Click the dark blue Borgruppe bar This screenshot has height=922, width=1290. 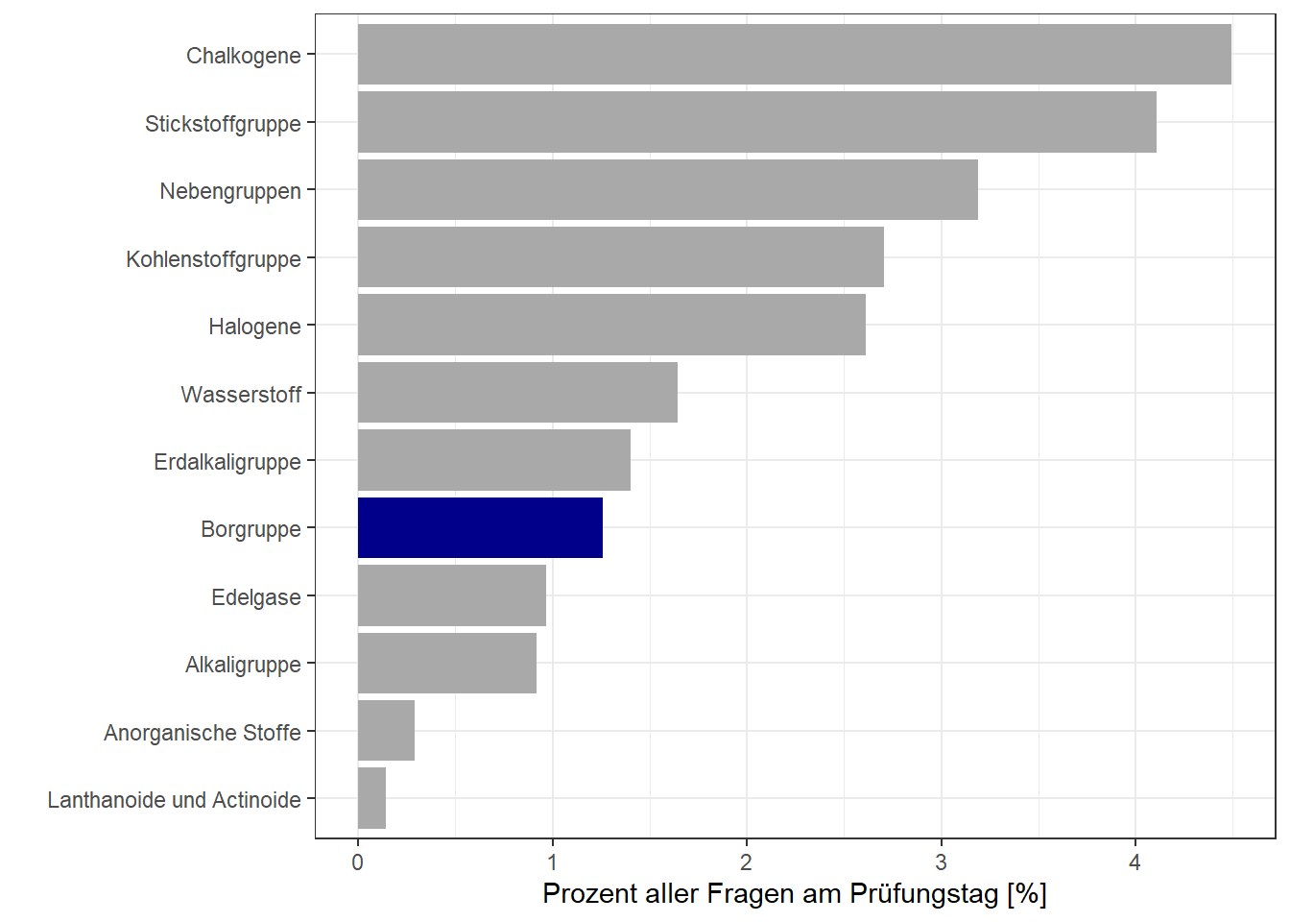(x=480, y=527)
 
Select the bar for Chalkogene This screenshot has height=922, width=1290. (x=794, y=55)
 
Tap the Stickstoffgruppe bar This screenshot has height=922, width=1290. (x=756, y=122)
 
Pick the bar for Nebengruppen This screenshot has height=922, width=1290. (x=667, y=189)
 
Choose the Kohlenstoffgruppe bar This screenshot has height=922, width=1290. (x=620, y=256)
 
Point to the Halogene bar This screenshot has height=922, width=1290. (x=611, y=325)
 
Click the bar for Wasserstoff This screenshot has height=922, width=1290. (x=517, y=392)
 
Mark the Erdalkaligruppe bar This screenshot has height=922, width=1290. (x=493, y=460)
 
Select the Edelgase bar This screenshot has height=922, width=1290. (x=451, y=595)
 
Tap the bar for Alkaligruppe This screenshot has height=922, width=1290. (x=446, y=663)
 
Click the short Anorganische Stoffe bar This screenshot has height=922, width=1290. (x=386, y=731)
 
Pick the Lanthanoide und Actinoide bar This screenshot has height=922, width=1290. (x=371, y=798)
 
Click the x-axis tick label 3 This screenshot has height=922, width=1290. (x=941, y=862)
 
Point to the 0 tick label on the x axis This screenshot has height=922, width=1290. (x=358, y=862)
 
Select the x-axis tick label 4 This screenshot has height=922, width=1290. (x=1135, y=862)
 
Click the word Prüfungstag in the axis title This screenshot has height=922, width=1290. (x=925, y=894)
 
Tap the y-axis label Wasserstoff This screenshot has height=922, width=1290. (x=241, y=395)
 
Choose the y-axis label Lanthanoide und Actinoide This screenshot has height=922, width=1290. (x=174, y=800)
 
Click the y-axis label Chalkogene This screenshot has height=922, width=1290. (x=243, y=56)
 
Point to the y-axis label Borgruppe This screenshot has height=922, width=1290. (x=251, y=529)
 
